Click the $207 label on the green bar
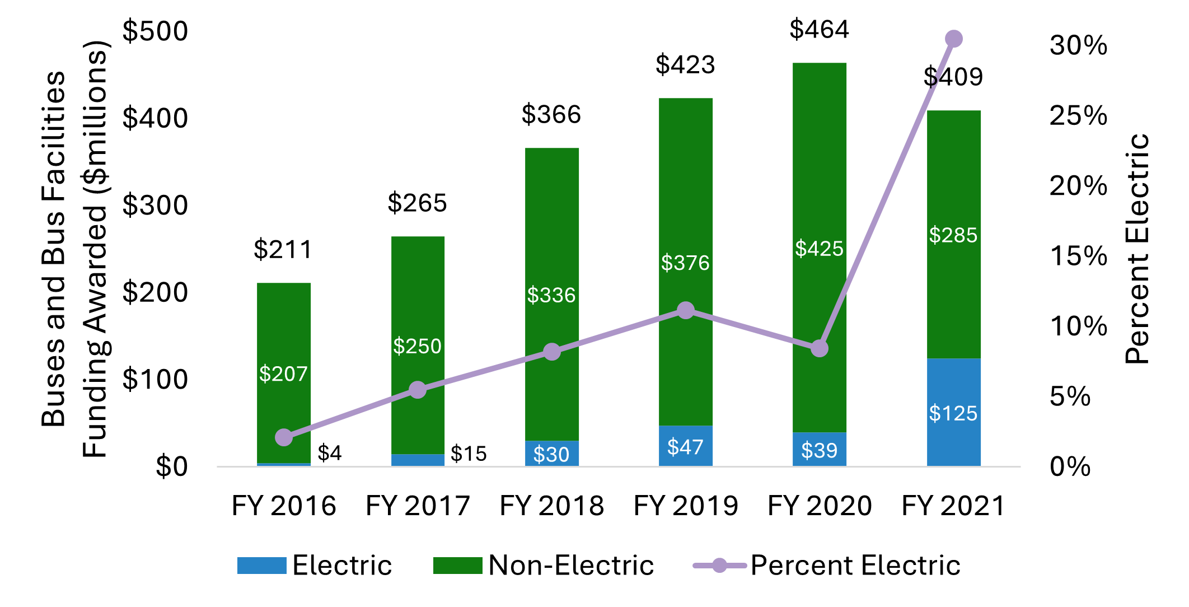coord(283,373)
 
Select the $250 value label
coord(417,346)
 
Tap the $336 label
coord(551,295)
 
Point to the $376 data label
coord(685,263)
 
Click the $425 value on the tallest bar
coord(819,249)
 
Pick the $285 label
coord(953,235)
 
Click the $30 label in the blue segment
coord(551,454)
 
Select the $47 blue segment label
coord(685,447)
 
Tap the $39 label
coord(819,450)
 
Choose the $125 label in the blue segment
coord(953,413)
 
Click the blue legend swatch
coord(261,566)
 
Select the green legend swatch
coord(457,566)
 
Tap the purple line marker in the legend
coord(719,566)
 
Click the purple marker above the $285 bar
coord(953,39)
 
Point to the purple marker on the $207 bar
coord(284,437)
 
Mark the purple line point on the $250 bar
coord(418,390)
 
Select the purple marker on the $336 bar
coord(552,352)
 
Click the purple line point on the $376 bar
coord(686,310)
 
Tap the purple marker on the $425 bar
coord(820,348)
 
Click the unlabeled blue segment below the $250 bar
coord(418,460)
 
